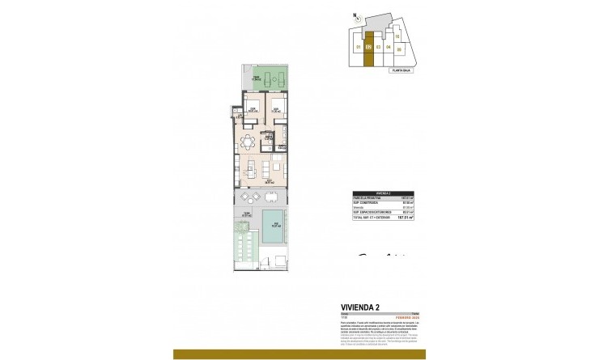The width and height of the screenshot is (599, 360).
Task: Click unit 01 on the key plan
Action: point(357,48)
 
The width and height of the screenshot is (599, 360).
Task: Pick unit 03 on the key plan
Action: point(379,48)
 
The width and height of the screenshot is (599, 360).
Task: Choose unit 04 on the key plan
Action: point(389,48)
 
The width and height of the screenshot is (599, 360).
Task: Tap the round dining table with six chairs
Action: point(248,142)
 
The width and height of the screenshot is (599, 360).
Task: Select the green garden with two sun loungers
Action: point(264,80)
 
